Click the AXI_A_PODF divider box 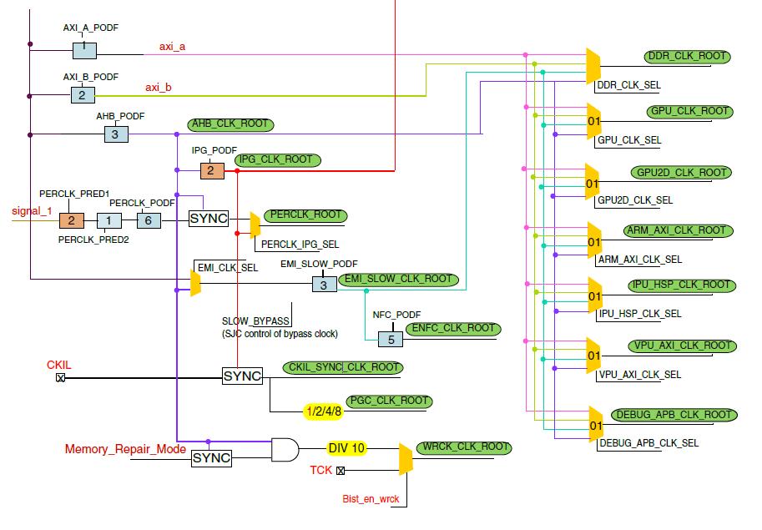(x=84, y=50)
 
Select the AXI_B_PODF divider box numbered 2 (x=82, y=95)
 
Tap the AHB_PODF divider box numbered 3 (x=116, y=134)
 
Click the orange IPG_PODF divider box (x=212, y=170)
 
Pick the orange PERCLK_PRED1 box (x=72, y=221)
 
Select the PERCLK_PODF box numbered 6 (x=149, y=220)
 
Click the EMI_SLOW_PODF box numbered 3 (x=325, y=284)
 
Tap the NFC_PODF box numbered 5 (x=390, y=339)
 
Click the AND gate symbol (x=285, y=450)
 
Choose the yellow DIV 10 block (x=346, y=448)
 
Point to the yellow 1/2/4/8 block (x=322, y=411)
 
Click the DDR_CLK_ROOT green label (x=688, y=57)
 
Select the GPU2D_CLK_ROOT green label (x=681, y=173)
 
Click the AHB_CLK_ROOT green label (x=231, y=124)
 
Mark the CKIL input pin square (x=60, y=377)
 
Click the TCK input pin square (x=340, y=471)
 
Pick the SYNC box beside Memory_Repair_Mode (x=211, y=457)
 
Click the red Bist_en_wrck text (x=371, y=499)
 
